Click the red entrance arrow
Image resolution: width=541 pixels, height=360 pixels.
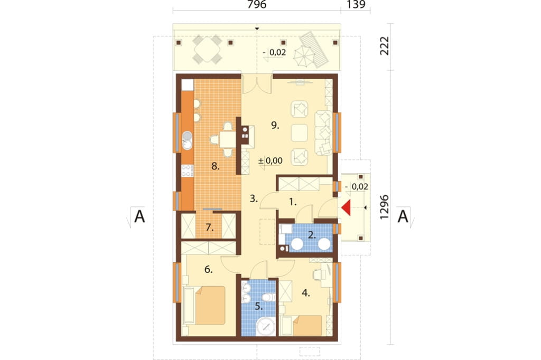tap(346, 208)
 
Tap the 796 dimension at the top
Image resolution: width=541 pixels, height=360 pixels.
tap(257, 4)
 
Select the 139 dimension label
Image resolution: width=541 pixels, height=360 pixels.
tap(356, 4)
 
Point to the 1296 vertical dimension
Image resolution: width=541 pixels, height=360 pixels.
tap(384, 207)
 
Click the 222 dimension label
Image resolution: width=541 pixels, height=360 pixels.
tap(384, 45)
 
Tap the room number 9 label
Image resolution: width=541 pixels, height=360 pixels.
tap(275, 125)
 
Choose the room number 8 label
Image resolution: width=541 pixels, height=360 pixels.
tap(216, 167)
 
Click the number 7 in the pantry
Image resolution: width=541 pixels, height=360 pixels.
tap(209, 228)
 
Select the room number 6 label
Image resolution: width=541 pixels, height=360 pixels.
tap(208, 269)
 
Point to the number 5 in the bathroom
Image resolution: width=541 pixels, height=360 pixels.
tap(259, 306)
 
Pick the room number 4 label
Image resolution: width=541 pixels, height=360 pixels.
tap(306, 293)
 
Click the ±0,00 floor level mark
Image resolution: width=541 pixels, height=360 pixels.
tap(270, 160)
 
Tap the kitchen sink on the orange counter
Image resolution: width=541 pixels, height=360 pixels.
tap(186, 141)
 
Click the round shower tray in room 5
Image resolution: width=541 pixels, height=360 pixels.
tap(266, 327)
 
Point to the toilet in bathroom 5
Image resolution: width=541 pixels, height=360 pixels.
tap(268, 297)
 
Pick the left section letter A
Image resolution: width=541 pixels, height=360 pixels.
tap(139, 216)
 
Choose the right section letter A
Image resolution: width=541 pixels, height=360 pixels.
tap(403, 216)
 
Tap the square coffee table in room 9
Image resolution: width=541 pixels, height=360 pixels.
tap(299, 134)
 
